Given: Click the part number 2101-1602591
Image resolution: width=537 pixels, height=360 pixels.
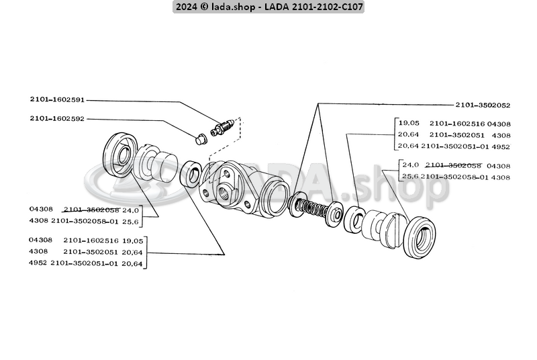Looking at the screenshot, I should (x=57, y=99).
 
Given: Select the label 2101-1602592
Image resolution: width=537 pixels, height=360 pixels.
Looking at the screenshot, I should (x=57, y=119).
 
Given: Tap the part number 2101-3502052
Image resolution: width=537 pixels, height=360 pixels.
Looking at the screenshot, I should (x=483, y=105).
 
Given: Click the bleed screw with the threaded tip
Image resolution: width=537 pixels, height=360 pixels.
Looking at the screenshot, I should (x=221, y=126).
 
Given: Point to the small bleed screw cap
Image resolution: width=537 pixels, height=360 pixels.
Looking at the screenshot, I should (x=200, y=139).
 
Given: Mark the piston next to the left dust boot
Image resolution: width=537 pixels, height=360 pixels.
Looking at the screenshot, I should (x=157, y=167).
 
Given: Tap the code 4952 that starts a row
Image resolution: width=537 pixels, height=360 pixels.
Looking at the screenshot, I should (x=39, y=263).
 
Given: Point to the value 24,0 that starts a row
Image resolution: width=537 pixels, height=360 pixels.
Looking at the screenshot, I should (x=410, y=165).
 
